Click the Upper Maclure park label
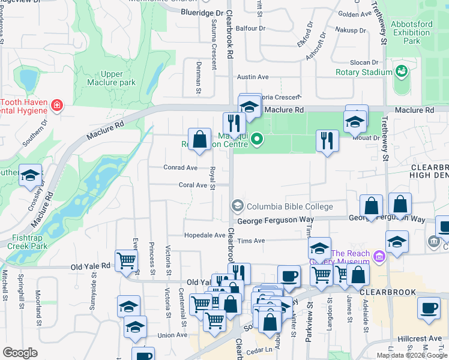click(x=111, y=78)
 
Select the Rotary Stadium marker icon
click(x=401, y=73)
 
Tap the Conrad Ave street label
click(x=180, y=168)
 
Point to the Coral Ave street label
click(x=192, y=185)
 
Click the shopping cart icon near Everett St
click(x=127, y=260)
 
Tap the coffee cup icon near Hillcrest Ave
click(x=428, y=307)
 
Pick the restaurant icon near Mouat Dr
click(x=327, y=140)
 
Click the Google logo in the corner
click(x=20, y=353)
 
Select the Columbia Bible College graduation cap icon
click(x=238, y=206)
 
